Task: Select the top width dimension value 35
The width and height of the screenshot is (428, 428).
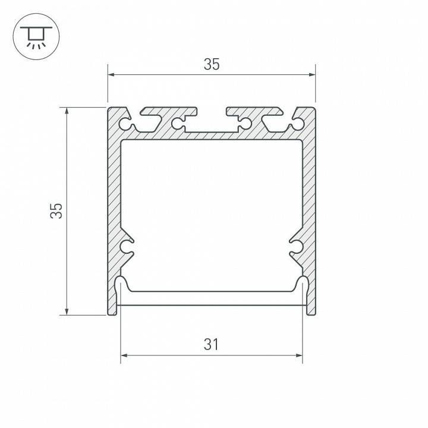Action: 212,65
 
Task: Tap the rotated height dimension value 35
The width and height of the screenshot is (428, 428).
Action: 56,210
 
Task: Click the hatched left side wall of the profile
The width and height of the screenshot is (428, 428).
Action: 114,196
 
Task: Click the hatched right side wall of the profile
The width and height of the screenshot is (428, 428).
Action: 309,196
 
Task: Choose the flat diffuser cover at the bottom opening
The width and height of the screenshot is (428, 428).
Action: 212,291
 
